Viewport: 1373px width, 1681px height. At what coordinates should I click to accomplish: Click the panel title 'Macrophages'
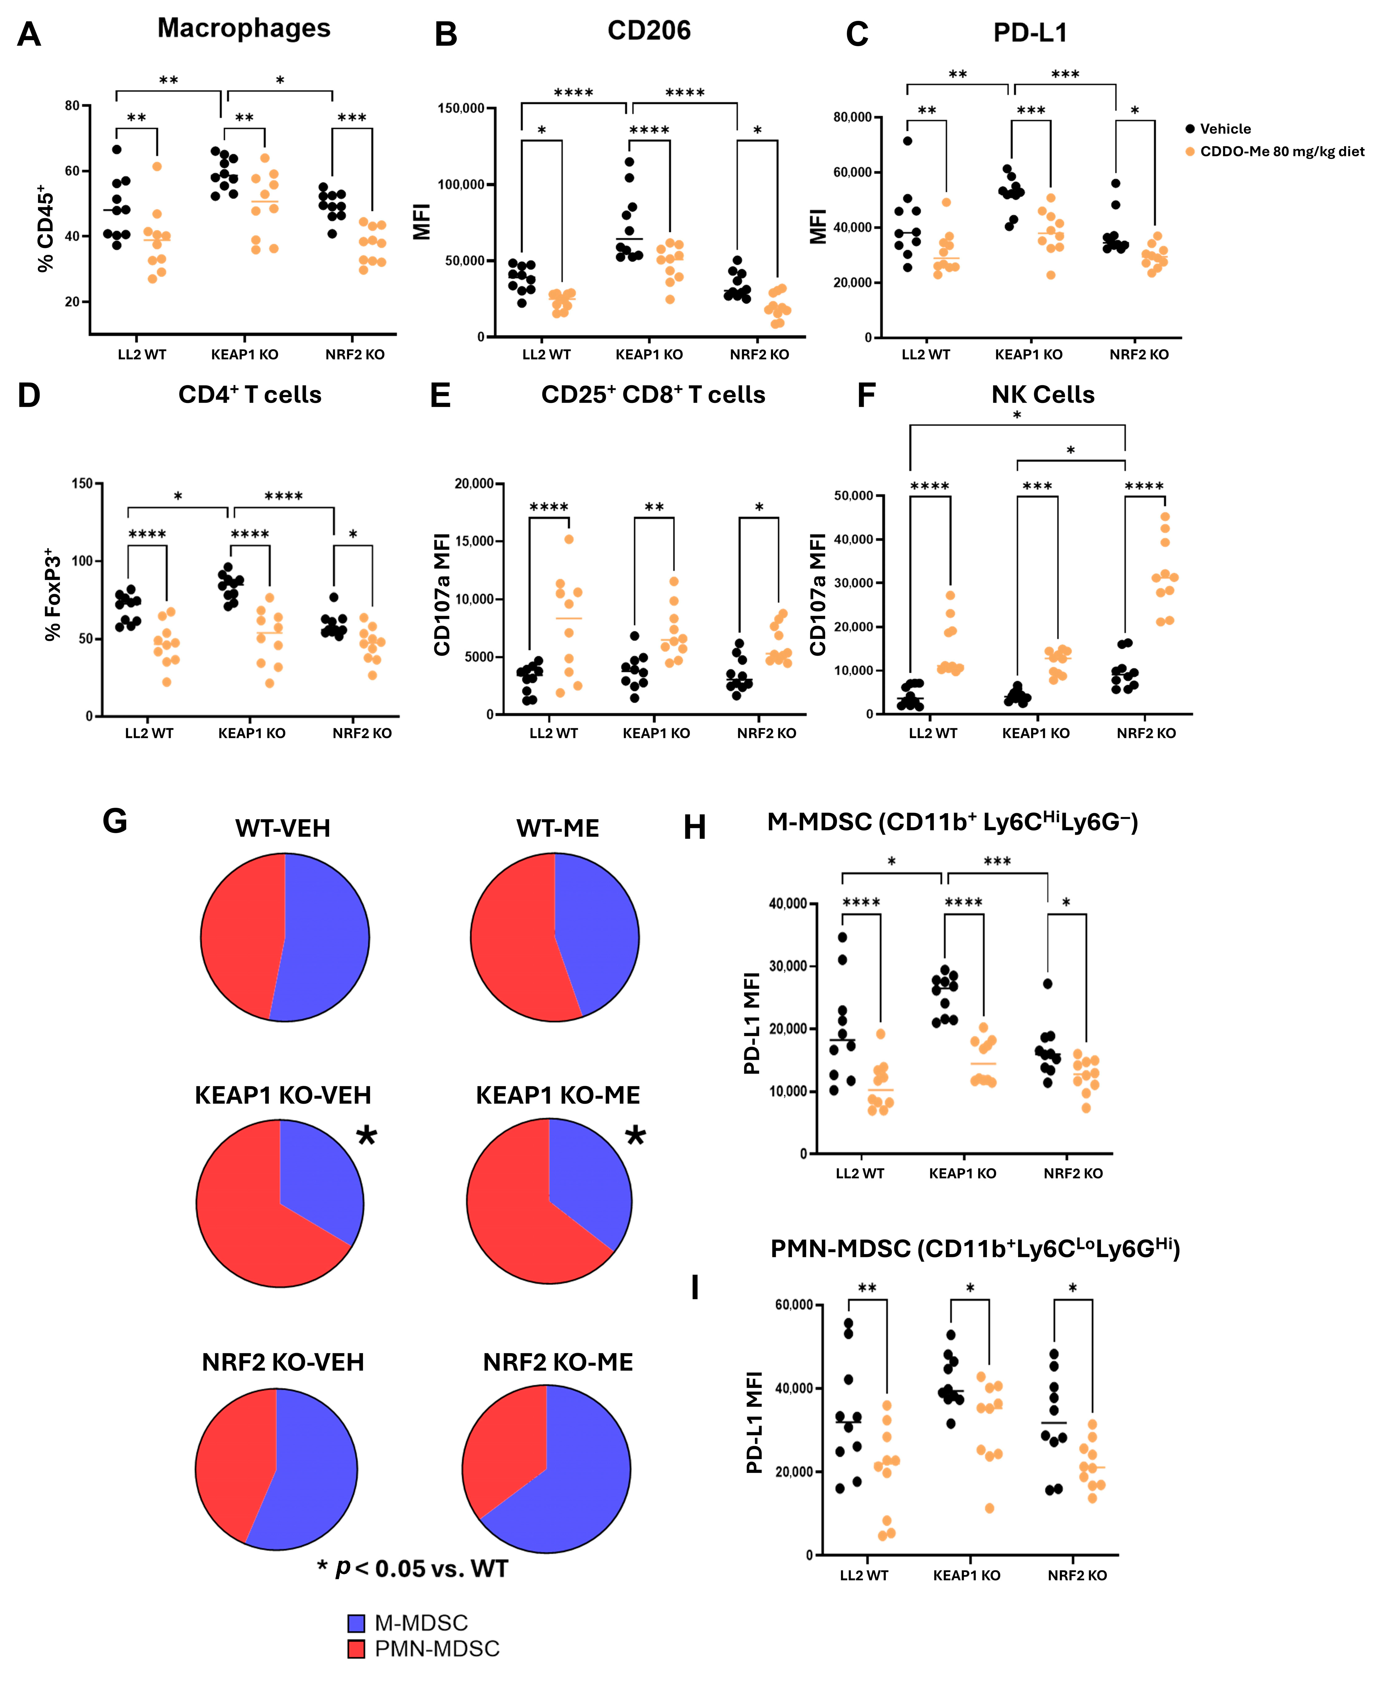coord(243,28)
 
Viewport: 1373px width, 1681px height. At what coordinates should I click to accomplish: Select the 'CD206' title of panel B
coord(649,31)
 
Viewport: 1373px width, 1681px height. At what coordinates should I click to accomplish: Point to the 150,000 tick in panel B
coord(461,108)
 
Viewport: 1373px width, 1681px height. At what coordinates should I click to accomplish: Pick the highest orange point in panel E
coord(569,539)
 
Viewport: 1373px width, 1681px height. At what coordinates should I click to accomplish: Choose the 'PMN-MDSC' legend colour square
coord(357,1649)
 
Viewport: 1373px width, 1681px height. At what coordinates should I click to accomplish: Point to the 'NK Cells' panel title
coord(1042,395)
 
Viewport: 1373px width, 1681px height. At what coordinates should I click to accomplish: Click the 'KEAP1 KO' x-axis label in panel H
coord(963,1173)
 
